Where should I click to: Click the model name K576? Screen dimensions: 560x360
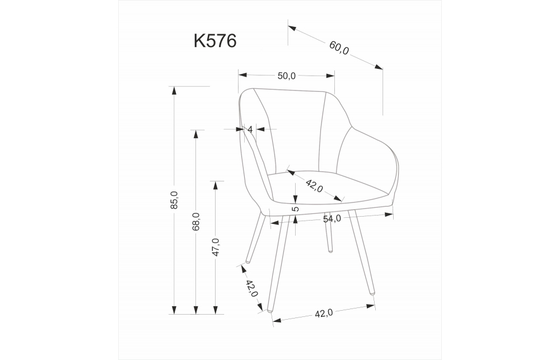(215, 41)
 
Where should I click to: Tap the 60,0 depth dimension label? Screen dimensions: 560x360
(339, 48)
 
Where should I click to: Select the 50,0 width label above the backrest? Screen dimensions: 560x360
(286, 76)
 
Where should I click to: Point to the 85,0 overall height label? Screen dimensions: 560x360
(174, 200)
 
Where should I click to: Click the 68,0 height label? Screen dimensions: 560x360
(195, 221)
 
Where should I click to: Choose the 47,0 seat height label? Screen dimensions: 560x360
(216, 247)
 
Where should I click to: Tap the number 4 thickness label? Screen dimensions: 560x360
(250, 129)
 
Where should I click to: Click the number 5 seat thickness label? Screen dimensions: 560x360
(295, 209)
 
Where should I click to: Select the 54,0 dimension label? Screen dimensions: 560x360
(332, 218)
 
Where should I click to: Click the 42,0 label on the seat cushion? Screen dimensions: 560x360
(314, 186)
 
